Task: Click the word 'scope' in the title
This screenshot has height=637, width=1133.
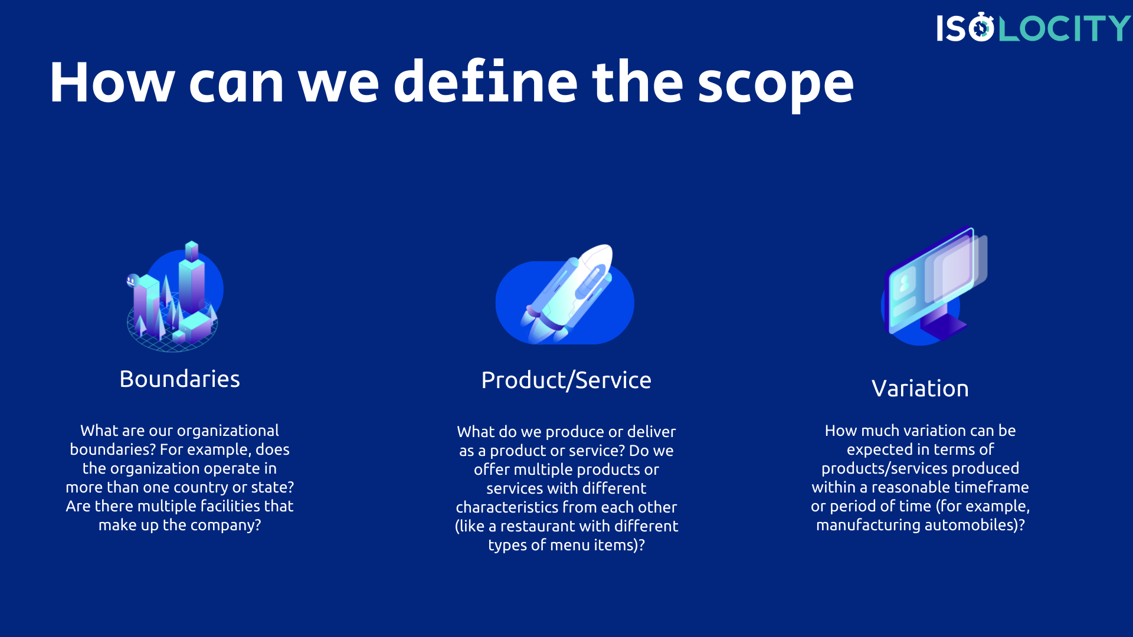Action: pos(775,84)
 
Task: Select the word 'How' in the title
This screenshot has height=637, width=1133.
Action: pos(112,83)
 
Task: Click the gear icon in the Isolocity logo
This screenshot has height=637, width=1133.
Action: pos(981,28)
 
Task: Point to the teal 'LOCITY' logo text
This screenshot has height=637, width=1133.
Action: pos(1064,28)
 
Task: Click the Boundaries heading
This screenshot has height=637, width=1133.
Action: pos(179,379)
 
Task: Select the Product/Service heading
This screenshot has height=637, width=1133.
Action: pos(566,380)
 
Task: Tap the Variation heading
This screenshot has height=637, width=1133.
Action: pos(920,389)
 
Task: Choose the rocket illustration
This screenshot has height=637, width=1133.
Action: pos(566,295)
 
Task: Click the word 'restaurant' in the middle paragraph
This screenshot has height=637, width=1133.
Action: pos(539,526)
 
